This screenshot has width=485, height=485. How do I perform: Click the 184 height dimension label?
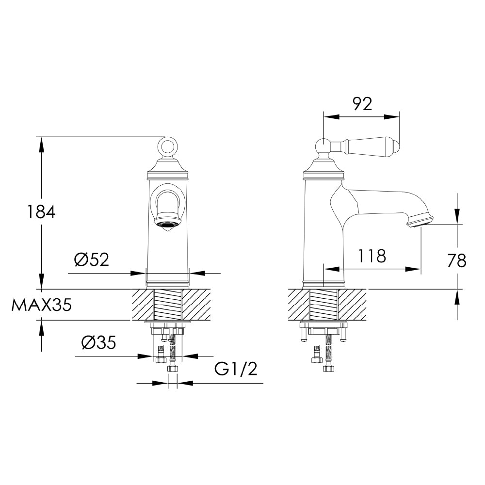(41, 212)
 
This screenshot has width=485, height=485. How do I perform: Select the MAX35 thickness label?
(42, 305)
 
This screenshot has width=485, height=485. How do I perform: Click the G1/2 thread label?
(236, 370)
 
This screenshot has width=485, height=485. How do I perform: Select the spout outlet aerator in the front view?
(167, 224)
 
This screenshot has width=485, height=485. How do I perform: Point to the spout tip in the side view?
(420, 221)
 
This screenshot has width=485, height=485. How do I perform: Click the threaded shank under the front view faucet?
(168, 305)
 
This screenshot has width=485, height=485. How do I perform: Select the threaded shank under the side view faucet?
(323, 305)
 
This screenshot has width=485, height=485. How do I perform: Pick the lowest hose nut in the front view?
(172, 369)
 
